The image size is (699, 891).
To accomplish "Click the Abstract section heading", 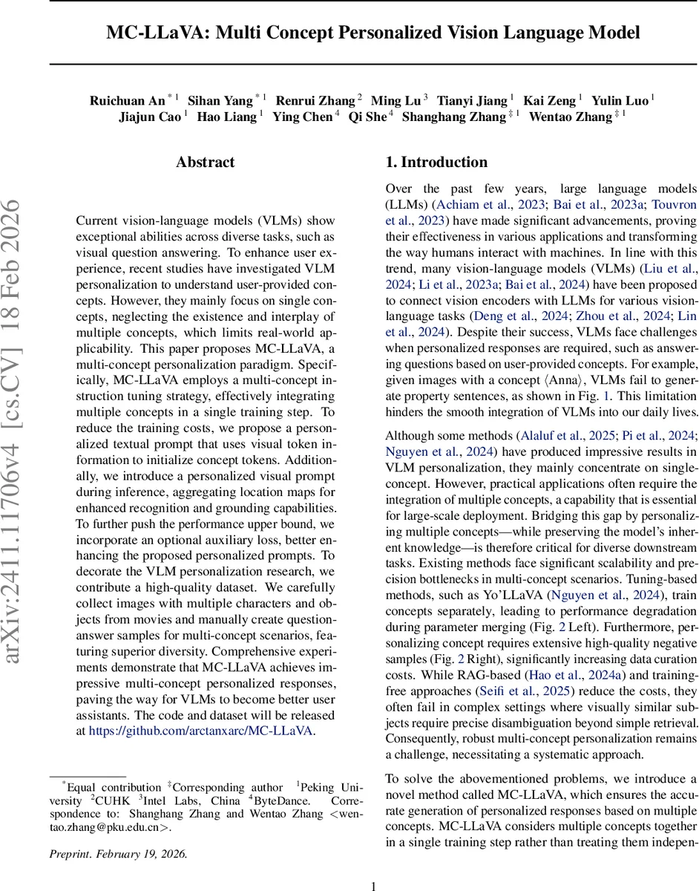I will point(205,163).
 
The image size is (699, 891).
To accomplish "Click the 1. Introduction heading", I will point(436,163).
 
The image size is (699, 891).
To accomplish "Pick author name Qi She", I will point(367,117).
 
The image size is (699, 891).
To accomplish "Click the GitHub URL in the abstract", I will point(201,731).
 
